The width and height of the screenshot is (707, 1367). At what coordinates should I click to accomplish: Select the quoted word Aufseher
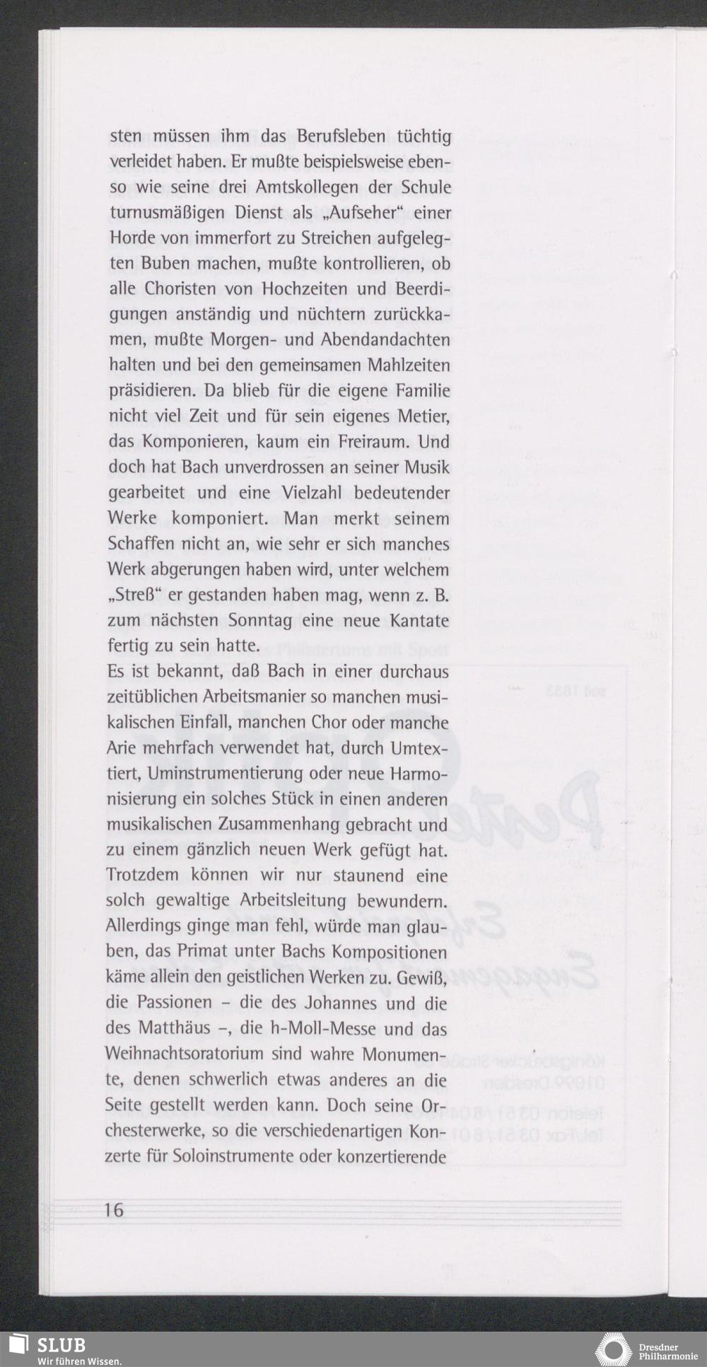361,213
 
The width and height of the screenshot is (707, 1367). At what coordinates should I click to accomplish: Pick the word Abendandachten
385,340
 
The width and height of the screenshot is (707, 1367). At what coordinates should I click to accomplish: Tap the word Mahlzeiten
409,366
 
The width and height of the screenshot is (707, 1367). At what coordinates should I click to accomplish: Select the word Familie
422,391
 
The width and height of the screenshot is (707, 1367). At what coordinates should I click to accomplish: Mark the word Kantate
419,620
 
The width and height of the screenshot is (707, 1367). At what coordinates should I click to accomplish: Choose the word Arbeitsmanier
255,697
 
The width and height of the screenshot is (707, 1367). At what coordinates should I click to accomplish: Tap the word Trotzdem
142,875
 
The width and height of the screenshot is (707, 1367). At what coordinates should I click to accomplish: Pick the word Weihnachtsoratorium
185,1053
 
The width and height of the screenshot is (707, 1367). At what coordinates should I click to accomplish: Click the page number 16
113,1209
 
